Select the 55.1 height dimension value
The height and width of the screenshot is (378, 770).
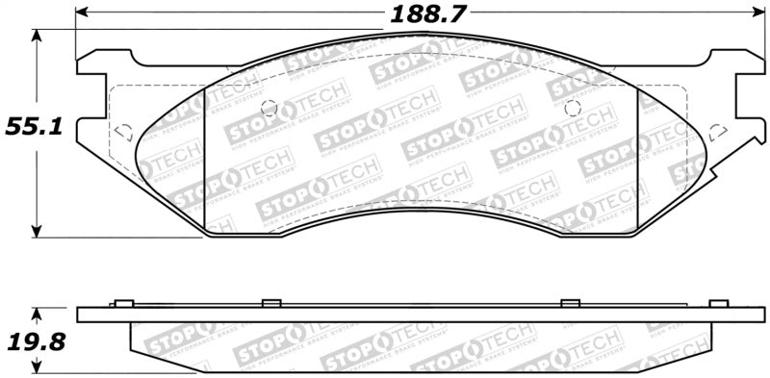click(x=33, y=126)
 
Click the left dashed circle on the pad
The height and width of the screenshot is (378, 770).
click(x=269, y=108)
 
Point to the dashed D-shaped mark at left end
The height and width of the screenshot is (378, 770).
click(x=123, y=131)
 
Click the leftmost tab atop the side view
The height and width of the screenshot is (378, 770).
click(x=121, y=303)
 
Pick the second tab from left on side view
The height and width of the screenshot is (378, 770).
click(x=270, y=303)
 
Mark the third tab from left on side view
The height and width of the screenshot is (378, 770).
click(x=569, y=303)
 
